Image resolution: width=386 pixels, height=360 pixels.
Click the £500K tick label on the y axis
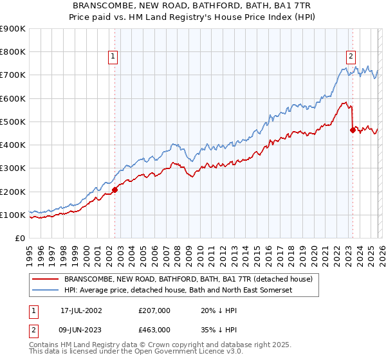point(13,122)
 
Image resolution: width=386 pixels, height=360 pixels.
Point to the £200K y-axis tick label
point(13,192)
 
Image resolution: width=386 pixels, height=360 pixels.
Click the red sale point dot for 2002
point(115,190)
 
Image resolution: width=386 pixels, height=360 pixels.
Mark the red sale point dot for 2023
point(352,130)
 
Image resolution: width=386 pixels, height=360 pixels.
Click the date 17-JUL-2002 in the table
point(81,310)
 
